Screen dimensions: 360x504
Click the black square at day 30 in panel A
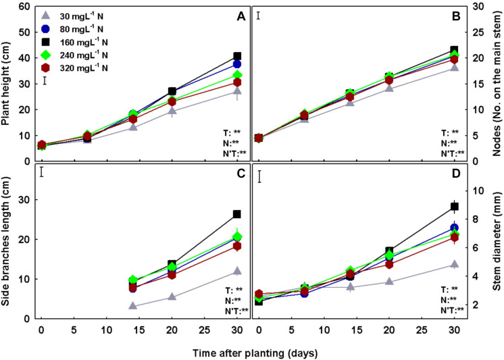pos(237,57)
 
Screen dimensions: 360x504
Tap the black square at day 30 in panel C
pos(237,214)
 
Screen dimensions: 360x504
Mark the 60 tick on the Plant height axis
pos(26,6)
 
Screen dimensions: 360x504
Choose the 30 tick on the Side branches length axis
pos(26,200)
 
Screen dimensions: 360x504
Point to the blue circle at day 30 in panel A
pos(237,64)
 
